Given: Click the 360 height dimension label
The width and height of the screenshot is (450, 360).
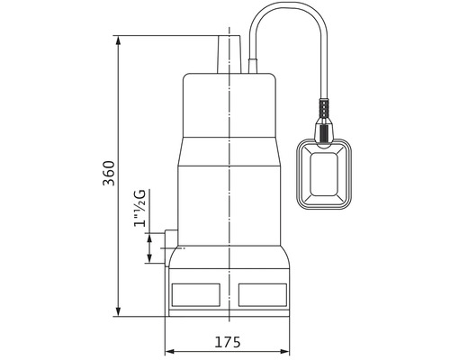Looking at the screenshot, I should tap(109, 174).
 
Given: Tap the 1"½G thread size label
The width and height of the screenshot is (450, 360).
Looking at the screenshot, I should tap(139, 208).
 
